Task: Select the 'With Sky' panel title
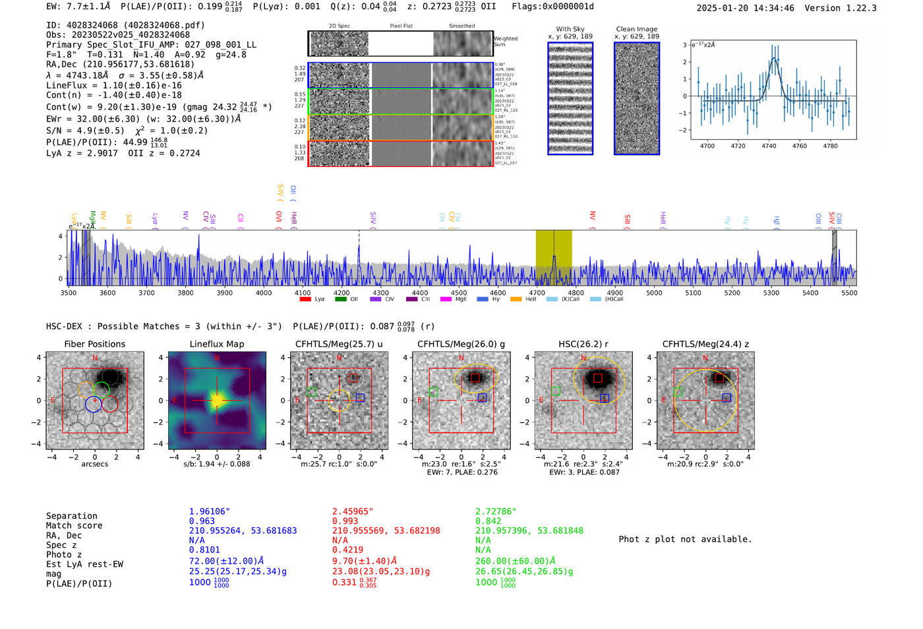[570, 29]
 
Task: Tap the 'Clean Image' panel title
[636, 29]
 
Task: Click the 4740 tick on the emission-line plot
[769, 146]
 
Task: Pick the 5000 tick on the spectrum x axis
[654, 293]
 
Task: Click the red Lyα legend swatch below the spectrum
[305, 300]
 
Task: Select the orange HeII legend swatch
[516, 300]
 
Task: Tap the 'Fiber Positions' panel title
[94, 344]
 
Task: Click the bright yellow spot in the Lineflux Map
[216, 400]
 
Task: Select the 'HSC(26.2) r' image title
[583, 344]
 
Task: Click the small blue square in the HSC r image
[605, 398]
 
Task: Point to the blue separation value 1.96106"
[209, 512]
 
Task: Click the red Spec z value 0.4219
[347, 549]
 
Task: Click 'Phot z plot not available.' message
[685, 539]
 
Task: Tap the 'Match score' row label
[74, 525]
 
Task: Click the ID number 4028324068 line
[125, 25]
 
